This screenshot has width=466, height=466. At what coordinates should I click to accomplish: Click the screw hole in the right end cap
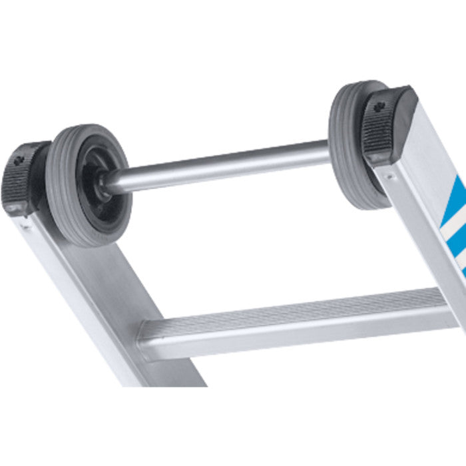(379, 107)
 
